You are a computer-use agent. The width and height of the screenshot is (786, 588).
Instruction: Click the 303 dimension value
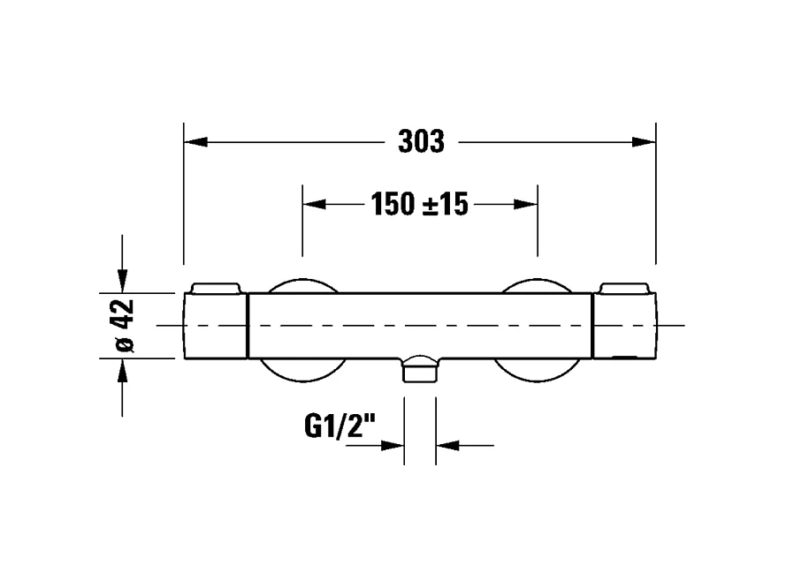pyautogui.click(x=421, y=141)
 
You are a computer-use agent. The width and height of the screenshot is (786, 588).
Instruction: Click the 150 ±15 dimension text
pyautogui.click(x=419, y=205)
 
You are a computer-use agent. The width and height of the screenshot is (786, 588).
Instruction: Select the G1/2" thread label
pyautogui.click(x=340, y=428)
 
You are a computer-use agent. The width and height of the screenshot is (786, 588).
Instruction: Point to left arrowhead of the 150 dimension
pyautogui.click(x=314, y=204)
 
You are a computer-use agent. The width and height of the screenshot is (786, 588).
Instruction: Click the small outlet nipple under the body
pyautogui.click(x=420, y=369)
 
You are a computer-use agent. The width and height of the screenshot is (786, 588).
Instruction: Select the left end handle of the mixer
pyautogui.click(x=215, y=326)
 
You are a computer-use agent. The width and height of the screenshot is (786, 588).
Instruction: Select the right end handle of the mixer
pyautogui.click(x=623, y=326)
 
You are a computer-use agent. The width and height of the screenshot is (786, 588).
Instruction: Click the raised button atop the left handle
pyautogui.click(x=215, y=288)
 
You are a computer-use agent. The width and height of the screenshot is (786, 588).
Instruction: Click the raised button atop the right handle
pyautogui.click(x=624, y=288)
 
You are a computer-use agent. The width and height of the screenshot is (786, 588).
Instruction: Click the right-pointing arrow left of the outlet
pyautogui.click(x=393, y=445)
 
